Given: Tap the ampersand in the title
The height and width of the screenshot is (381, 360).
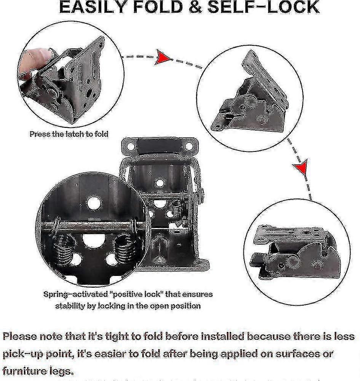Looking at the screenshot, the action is pyautogui.click(x=195, y=7).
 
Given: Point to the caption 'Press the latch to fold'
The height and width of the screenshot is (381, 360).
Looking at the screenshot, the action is pyautogui.click(x=69, y=134).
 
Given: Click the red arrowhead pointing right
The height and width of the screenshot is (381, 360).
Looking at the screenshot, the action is pyautogui.click(x=162, y=57).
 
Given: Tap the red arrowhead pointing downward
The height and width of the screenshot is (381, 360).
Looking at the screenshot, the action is pyautogui.click(x=301, y=166).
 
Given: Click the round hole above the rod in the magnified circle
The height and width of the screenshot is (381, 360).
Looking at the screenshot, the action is pyautogui.click(x=94, y=202).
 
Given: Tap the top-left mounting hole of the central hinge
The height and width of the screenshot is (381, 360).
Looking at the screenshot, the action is pyautogui.click(x=131, y=146).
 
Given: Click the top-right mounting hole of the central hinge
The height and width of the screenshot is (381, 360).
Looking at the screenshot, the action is pyautogui.click(x=189, y=146).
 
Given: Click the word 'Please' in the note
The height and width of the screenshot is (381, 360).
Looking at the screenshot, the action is pyautogui.click(x=20, y=336).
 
